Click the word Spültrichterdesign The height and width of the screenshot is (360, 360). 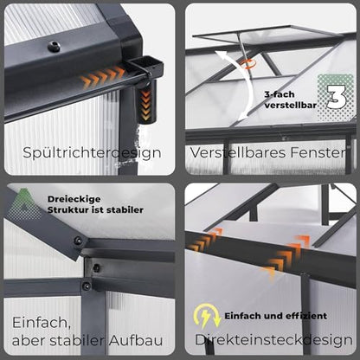92,152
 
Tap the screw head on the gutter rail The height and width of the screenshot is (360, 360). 54,47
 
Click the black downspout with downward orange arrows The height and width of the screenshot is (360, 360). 146,101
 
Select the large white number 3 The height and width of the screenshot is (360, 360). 337,97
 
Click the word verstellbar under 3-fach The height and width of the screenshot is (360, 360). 291,106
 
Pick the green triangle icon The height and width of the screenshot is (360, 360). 24,204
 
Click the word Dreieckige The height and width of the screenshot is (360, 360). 74,199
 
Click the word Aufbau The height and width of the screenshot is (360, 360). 136,340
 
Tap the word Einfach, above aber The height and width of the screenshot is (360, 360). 42,323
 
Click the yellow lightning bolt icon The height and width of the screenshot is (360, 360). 207,316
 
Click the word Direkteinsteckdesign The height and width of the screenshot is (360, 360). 273,340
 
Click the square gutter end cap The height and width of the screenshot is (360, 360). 145,66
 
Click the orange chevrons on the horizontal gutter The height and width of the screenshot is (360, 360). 102,76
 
